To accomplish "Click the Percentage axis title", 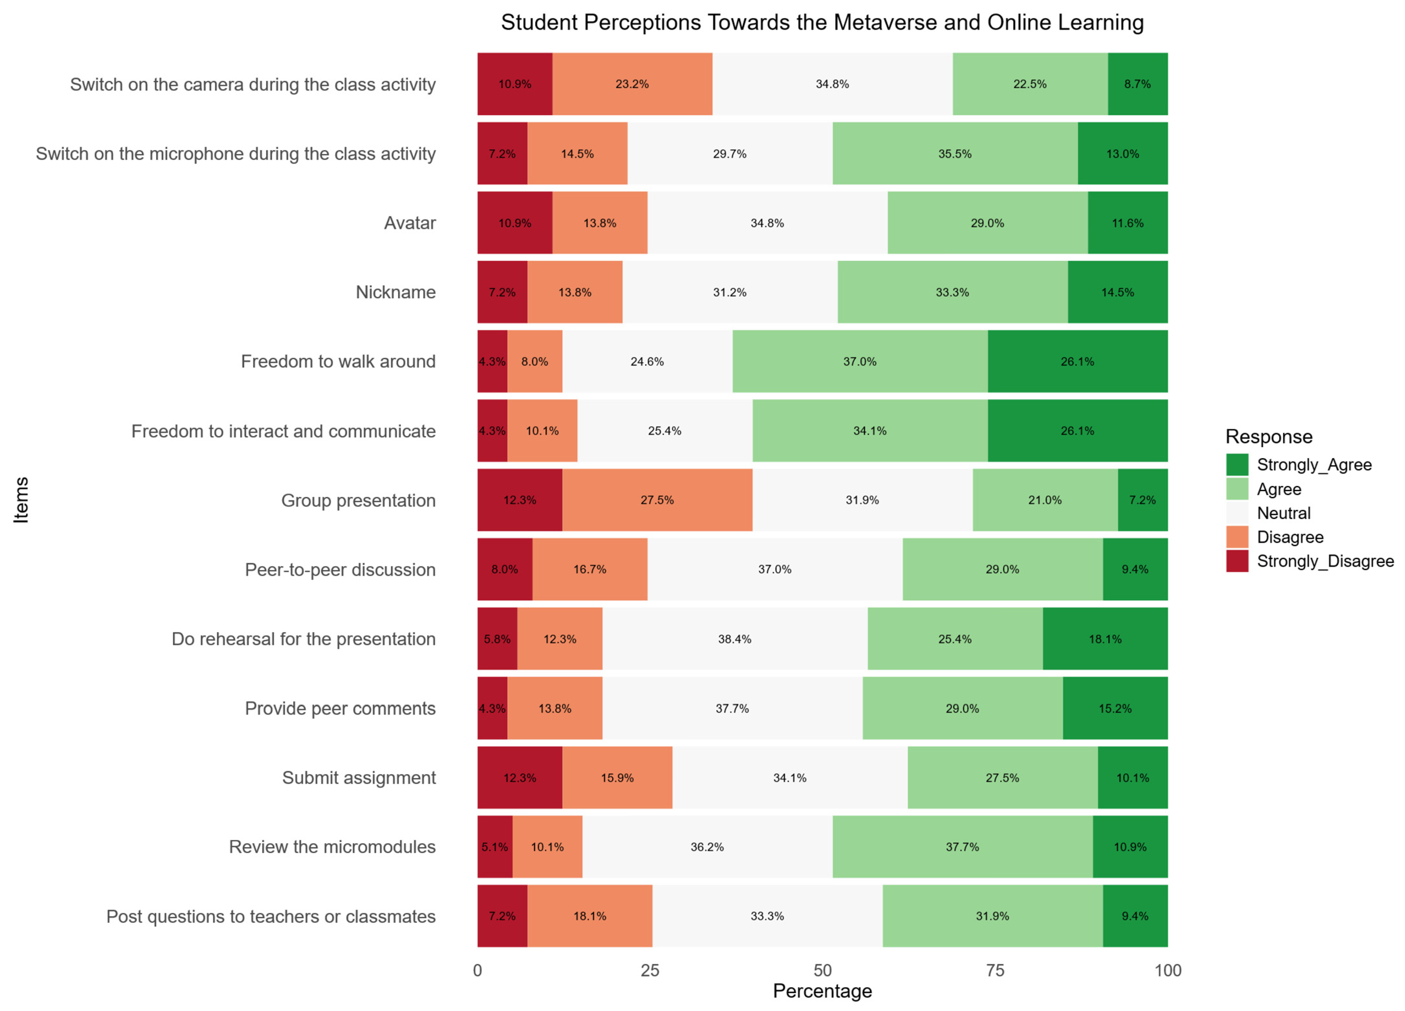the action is (x=822, y=991).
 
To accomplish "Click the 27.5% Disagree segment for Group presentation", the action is (x=657, y=500).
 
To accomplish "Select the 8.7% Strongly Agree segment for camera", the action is (x=1138, y=84).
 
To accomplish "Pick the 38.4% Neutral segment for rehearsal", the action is (x=735, y=639).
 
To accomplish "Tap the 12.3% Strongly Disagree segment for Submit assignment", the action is (x=520, y=777).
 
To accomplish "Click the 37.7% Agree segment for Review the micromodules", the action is (x=963, y=847).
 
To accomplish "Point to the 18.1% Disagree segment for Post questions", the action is (x=590, y=916).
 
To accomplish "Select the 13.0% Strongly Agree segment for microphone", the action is (x=1122, y=154).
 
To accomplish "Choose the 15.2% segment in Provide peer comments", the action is (x=1115, y=708).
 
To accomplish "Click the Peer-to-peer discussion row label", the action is (x=340, y=570).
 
